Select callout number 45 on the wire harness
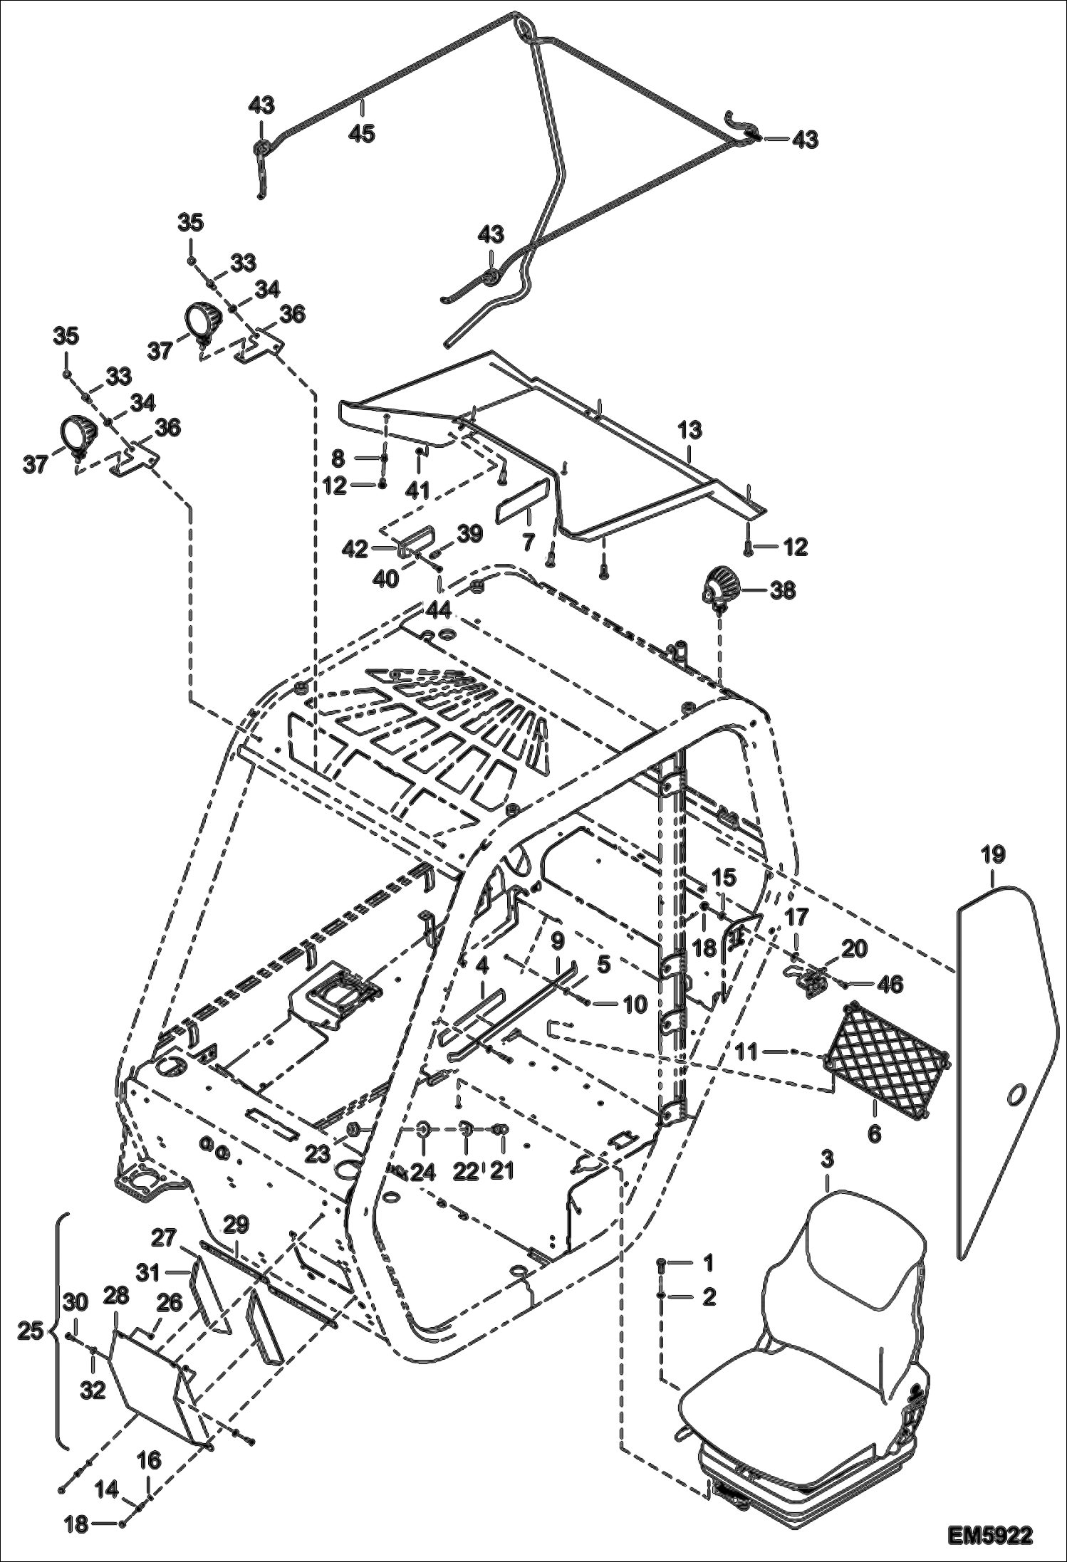tap(363, 133)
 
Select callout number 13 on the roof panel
tap(689, 430)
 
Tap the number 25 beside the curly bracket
tap(29, 1330)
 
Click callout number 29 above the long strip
tap(236, 1225)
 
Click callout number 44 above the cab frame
tap(438, 609)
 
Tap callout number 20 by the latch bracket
tap(854, 948)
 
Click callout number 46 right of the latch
tap(890, 985)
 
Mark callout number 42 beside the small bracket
tap(355, 549)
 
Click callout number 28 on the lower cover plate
tap(117, 1296)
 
